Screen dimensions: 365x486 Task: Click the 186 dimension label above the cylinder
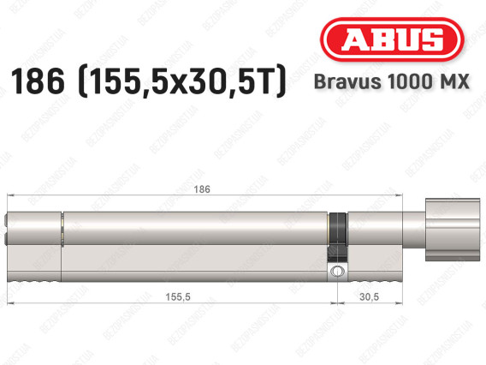point(200,188)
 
